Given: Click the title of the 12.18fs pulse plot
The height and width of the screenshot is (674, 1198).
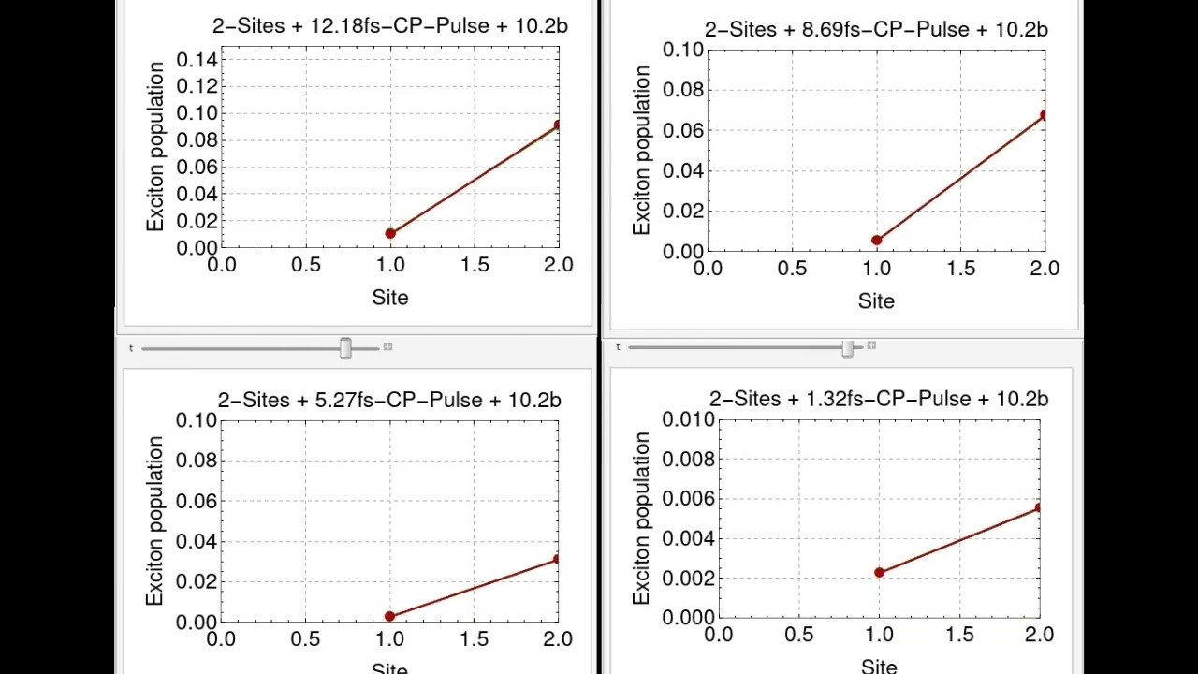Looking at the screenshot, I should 389,26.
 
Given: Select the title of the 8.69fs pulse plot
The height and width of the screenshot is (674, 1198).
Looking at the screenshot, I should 876,30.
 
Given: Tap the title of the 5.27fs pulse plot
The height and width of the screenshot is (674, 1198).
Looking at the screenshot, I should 389,401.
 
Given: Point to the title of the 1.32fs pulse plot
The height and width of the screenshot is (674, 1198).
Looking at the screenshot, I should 878,400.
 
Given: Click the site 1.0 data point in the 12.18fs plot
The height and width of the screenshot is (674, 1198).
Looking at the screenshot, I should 390,233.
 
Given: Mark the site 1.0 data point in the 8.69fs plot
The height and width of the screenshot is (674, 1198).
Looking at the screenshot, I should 877,241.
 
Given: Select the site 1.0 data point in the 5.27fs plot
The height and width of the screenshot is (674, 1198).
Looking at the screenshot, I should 390,616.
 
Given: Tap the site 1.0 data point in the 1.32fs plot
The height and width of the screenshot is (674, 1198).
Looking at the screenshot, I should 879,572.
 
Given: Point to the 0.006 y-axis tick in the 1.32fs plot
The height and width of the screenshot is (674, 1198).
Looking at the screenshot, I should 688,499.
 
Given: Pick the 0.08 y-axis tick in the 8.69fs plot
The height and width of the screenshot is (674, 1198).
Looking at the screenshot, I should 683,91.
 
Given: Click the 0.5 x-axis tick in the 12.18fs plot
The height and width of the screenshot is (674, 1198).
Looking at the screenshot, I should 305,265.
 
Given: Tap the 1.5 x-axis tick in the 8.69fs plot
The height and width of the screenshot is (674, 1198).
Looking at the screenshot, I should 961,269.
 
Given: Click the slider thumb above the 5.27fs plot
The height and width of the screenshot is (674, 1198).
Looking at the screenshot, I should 345,348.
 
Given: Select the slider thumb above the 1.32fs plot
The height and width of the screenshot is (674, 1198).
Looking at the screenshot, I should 847,348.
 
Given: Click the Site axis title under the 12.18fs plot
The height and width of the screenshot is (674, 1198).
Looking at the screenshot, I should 390,298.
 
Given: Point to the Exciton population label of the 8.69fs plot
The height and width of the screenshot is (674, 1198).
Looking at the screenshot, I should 641,150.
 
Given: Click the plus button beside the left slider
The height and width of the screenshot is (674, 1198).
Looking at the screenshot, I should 388,347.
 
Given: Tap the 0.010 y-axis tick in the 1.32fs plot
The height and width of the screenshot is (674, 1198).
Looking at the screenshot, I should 688,419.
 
